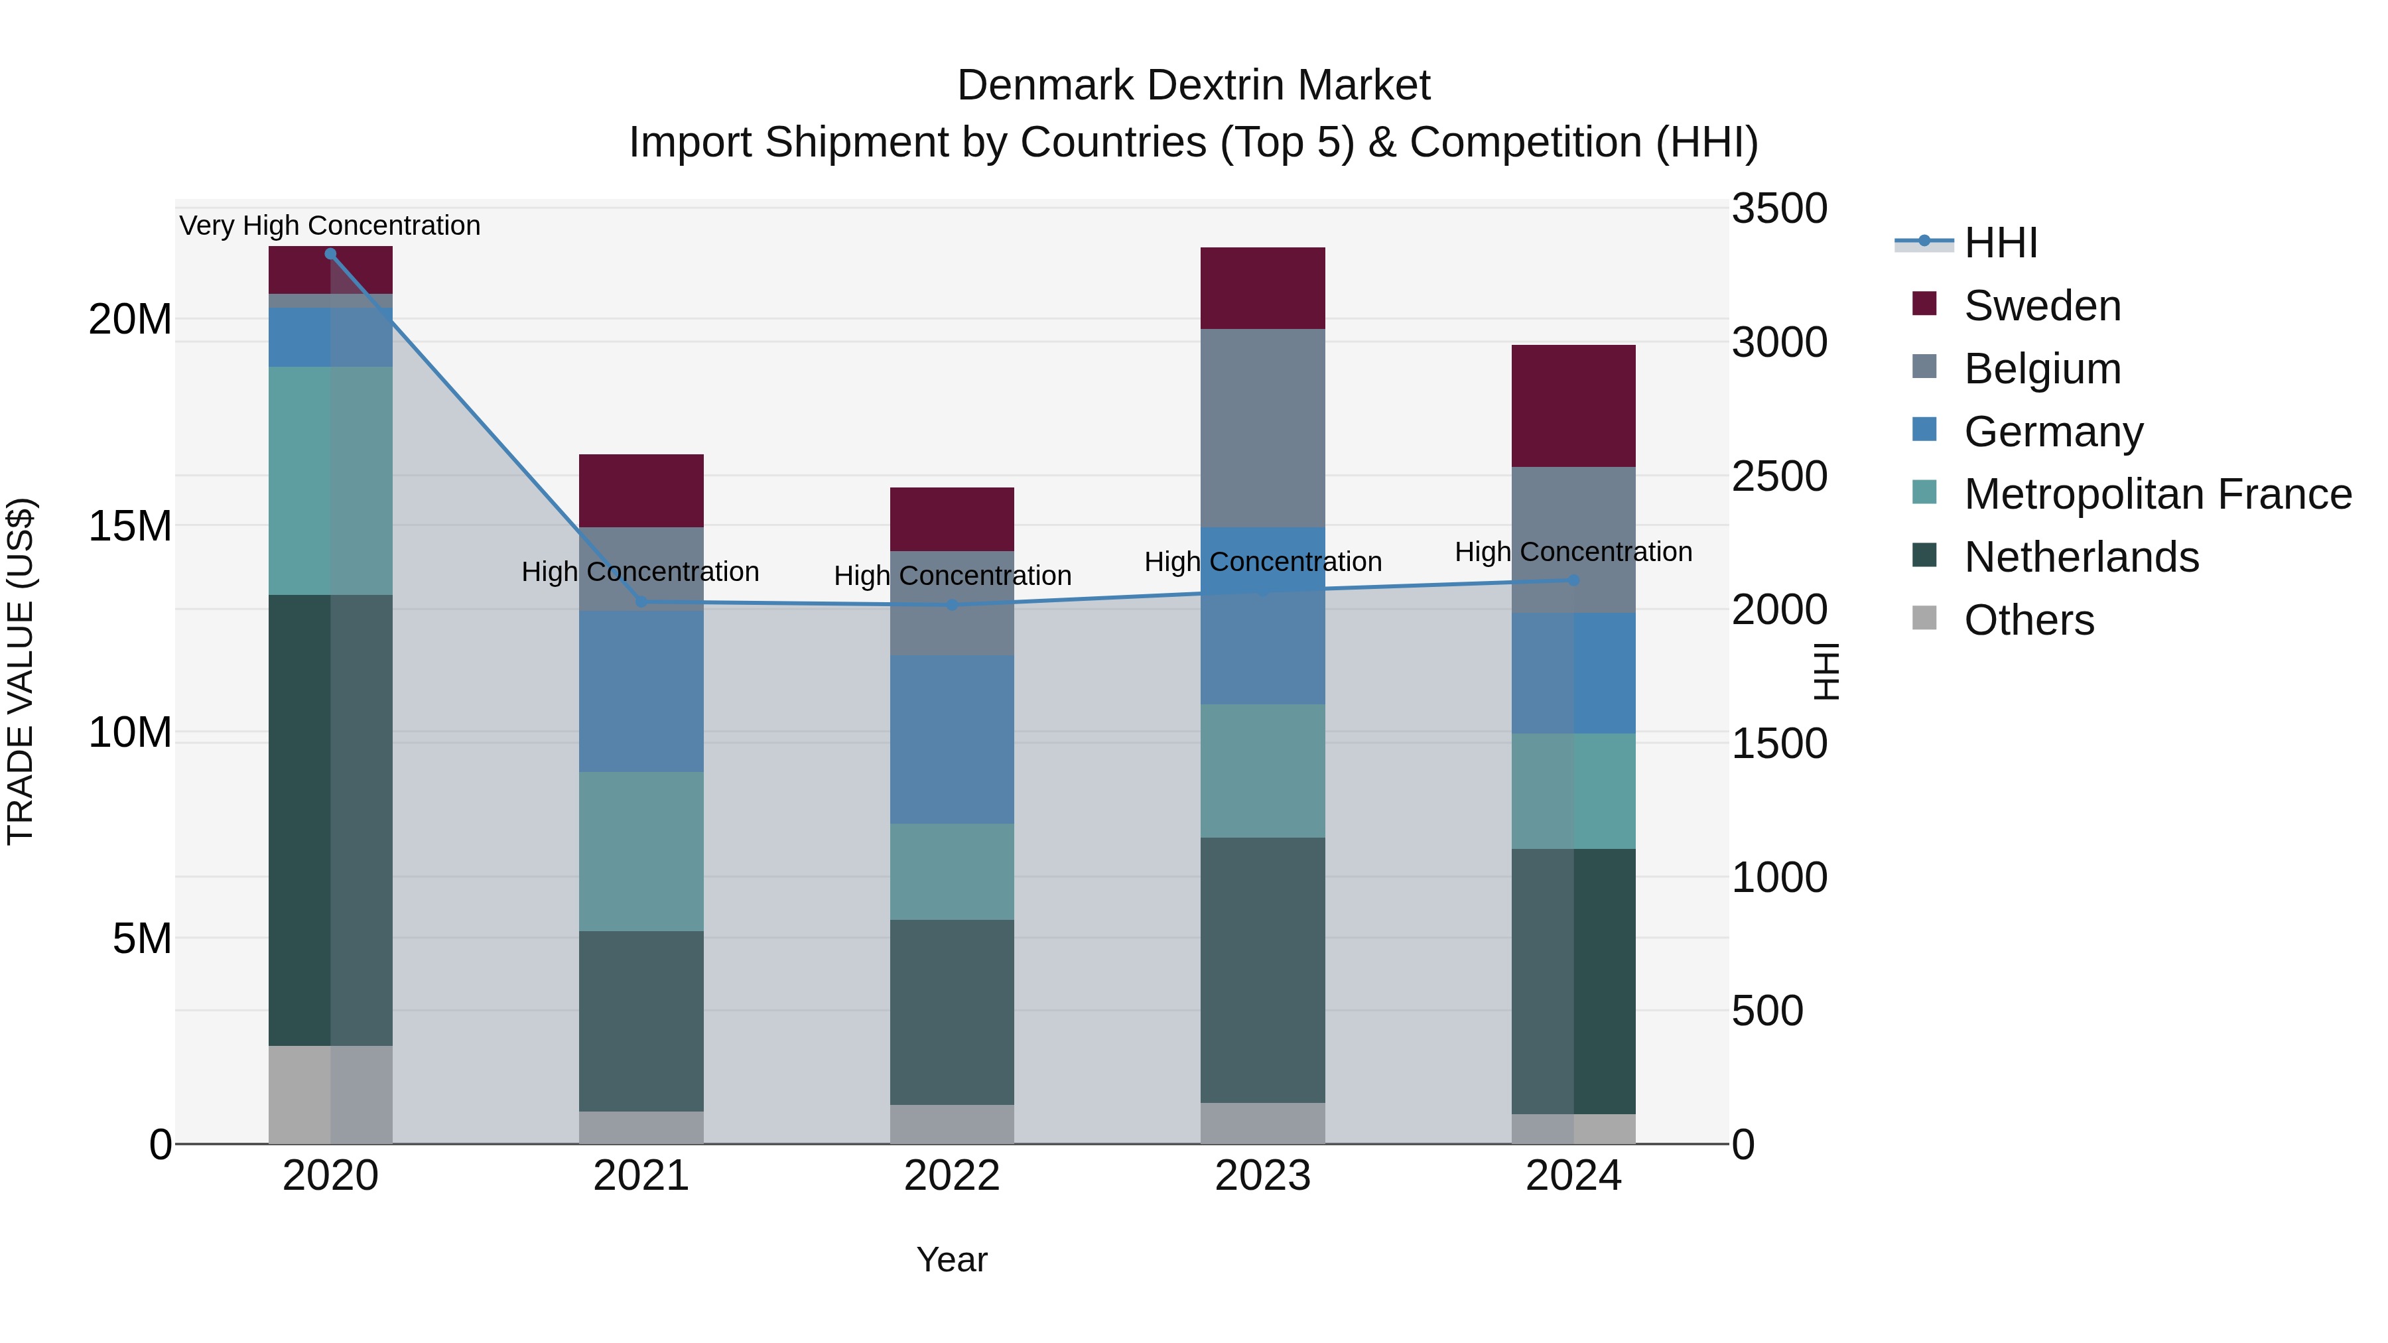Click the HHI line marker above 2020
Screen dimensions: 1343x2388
[x=330, y=254]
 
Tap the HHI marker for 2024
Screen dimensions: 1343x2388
[x=1573, y=580]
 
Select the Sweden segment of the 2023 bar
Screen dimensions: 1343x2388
[x=1262, y=288]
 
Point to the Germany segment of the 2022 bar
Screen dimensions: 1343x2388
[x=952, y=739]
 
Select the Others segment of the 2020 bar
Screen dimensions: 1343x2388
[x=330, y=1094]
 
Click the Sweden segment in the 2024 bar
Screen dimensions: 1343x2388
[x=1573, y=405]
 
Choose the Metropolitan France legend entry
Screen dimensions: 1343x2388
[x=2157, y=494]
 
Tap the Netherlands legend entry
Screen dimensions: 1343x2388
[x=2081, y=557]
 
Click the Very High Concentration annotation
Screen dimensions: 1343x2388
[x=330, y=225]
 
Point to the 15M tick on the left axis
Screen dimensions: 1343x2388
[x=130, y=527]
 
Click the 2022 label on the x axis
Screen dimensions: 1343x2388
[x=952, y=1176]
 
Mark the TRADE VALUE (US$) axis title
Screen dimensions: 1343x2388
[x=21, y=671]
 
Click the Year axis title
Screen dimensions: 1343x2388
[x=952, y=1259]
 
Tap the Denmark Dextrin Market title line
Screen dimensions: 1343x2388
[x=1193, y=86]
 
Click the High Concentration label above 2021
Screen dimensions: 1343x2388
[x=641, y=572]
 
